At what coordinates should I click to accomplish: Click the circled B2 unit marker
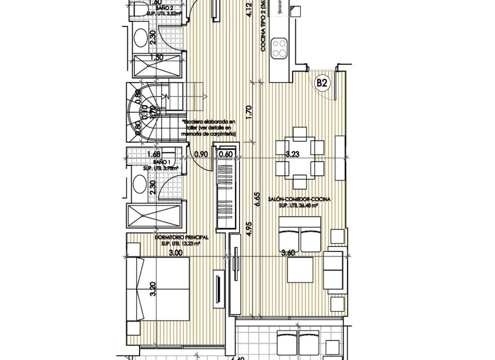point(322,83)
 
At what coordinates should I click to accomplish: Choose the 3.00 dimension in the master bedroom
point(176,254)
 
